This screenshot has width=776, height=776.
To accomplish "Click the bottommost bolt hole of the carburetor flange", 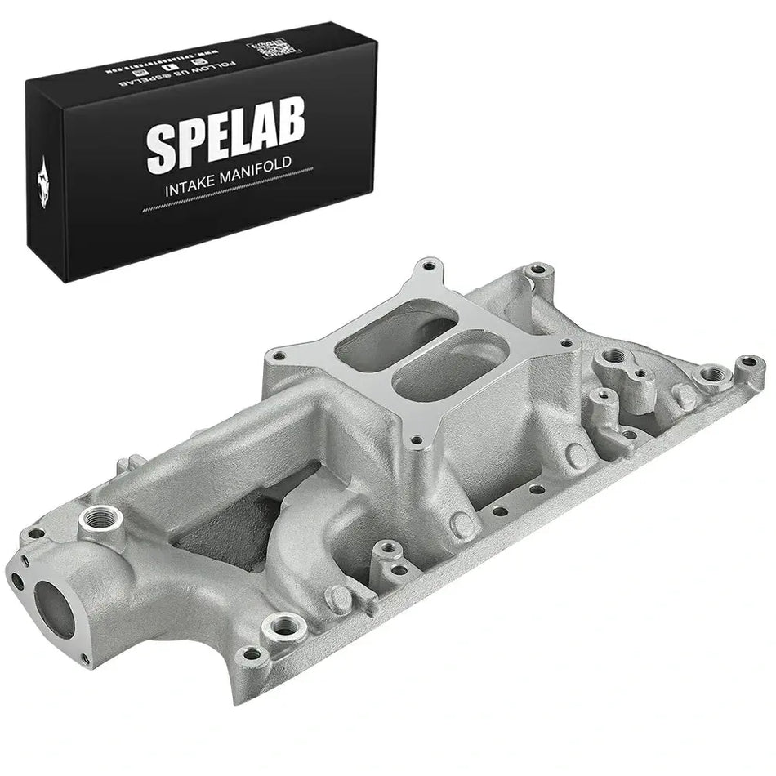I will click(x=417, y=440).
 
